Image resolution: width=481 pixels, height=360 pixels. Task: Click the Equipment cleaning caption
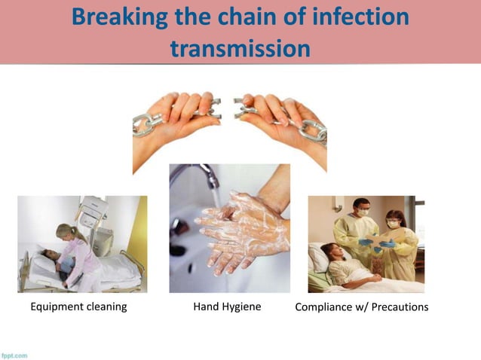click(78, 307)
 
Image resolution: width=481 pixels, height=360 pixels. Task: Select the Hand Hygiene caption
click(227, 307)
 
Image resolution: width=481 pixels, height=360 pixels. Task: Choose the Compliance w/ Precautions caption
click(362, 307)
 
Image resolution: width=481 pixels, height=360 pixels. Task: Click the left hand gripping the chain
click(181, 121)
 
